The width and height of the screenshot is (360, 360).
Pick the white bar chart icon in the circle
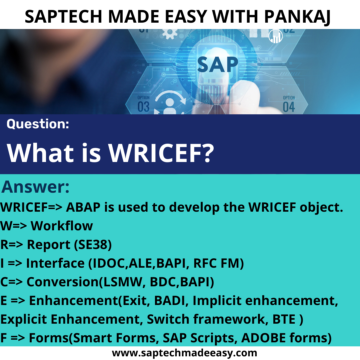click(x=276, y=36)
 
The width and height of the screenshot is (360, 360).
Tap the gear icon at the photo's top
click(x=170, y=33)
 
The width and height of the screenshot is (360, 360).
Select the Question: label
click(x=38, y=124)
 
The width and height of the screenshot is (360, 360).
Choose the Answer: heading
click(x=36, y=187)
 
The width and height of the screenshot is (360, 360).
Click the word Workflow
click(x=62, y=226)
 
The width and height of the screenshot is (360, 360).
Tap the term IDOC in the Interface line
click(x=106, y=263)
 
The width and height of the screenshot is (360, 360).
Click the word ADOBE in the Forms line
click(x=258, y=338)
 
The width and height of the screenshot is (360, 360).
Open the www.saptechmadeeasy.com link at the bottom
click(x=184, y=353)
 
